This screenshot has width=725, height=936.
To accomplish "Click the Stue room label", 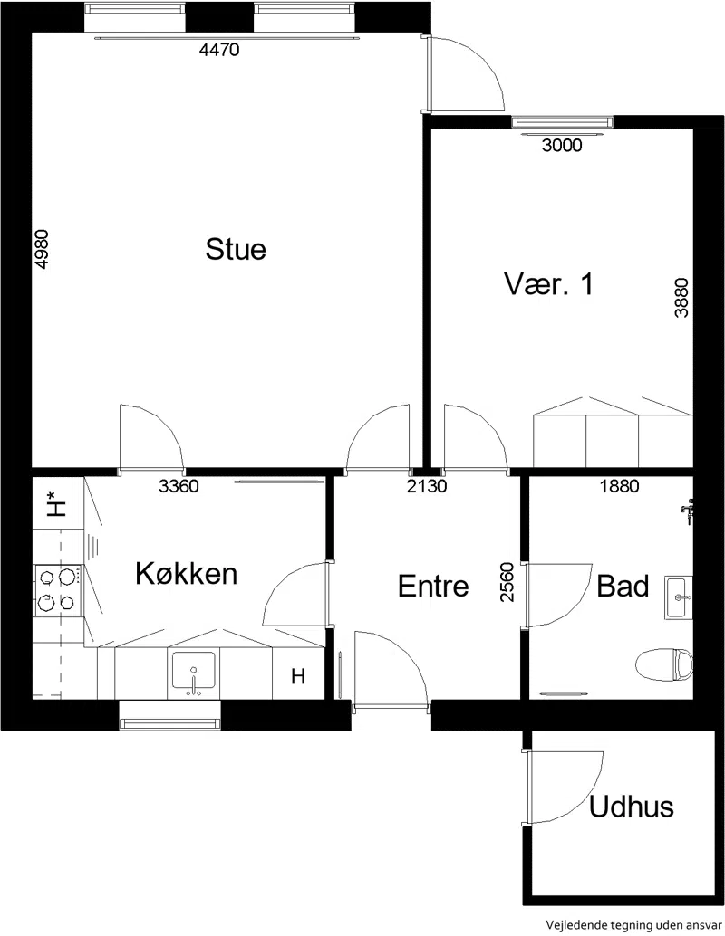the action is pyautogui.click(x=236, y=249).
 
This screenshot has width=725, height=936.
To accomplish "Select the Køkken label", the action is pyautogui.click(x=187, y=573).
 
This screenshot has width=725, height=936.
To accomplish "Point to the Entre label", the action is pyautogui.click(x=433, y=587).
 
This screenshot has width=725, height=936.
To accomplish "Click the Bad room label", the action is pyautogui.click(x=623, y=587).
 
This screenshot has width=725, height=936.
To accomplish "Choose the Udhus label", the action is pyautogui.click(x=631, y=807).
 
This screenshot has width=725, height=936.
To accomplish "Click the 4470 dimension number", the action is pyautogui.click(x=219, y=50).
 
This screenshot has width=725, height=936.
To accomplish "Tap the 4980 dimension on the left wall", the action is pyautogui.click(x=42, y=249).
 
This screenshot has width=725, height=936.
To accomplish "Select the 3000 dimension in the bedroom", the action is pyautogui.click(x=562, y=145).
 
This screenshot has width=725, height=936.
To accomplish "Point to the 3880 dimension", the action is pyautogui.click(x=681, y=298).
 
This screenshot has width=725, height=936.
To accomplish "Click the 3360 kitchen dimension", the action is pyautogui.click(x=179, y=486).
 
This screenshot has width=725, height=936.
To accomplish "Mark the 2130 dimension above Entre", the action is pyautogui.click(x=427, y=486).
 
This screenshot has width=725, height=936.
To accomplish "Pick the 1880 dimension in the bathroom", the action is pyautogui.click(x=620, y=486).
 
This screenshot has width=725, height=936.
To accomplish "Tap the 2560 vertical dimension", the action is pyautogui.click(x=507, y=582).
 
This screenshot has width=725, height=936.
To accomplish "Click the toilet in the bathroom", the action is pyautogui.click(x=664, y=664).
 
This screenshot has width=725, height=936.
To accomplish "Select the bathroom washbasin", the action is pyautogui.click(x=679, y=597).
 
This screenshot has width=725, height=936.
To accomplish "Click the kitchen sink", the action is pyautogui.click(x=194, y=674).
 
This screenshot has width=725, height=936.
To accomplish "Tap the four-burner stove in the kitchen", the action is pyautogui.click(x=58, y=590).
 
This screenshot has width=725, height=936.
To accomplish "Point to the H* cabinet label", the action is pyautogui.click(x=56, y=503).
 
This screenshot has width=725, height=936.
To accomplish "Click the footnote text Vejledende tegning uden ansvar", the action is pyautogui.click(x=633, y=925).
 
